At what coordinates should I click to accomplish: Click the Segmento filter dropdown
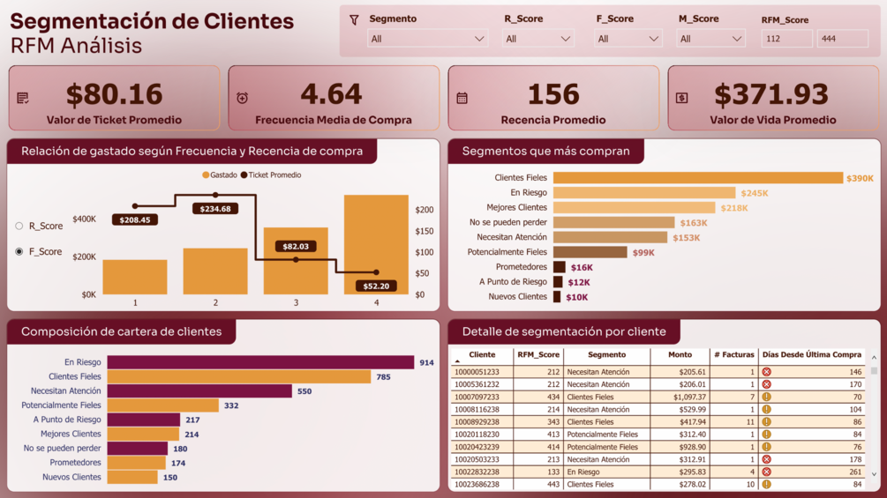(x=427, y=39)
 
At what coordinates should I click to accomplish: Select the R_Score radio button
(x=19, y=227)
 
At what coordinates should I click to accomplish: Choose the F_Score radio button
(x=19, y=252)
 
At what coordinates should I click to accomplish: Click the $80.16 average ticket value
(x=114, y=94)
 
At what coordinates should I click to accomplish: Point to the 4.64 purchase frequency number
(x=331, y=94)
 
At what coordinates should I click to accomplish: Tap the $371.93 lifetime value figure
(x=771, y=94)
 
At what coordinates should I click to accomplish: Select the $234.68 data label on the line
(x=215, y=209)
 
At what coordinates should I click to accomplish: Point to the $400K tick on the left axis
(x=85, y=219)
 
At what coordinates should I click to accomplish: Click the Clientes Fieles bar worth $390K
(x=697, y=178)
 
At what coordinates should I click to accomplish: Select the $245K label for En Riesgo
(x=755, y=193)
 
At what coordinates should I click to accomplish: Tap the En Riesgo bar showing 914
(x=260, y=362)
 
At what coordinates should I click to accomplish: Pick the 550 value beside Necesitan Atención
(x=304, y=391)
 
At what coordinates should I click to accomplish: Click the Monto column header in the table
(x=680, y=355)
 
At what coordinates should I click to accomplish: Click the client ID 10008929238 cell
(x=477, y=422)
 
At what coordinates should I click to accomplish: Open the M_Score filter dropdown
(x=710, y=39)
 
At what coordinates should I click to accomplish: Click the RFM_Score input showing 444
(x=842, y=39)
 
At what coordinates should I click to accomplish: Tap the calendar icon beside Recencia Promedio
(x=462, y=99)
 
